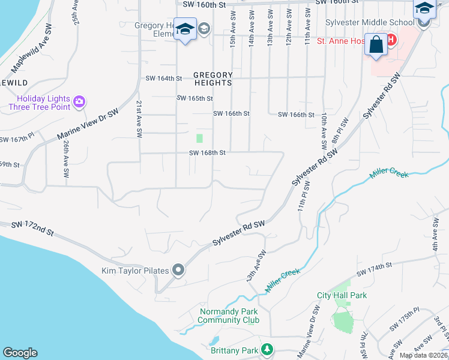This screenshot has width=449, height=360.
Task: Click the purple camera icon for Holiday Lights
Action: point(79,101)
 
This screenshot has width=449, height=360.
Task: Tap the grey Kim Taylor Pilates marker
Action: point(178,271)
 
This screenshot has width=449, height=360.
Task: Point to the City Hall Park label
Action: point(342,295)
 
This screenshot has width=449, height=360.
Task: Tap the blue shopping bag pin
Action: point(376,46)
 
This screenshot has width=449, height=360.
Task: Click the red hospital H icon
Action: point(391,40)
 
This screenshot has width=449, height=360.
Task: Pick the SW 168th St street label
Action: point(207,153)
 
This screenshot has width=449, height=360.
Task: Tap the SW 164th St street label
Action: point(164,78)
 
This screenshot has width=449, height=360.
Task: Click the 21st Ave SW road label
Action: point(139,117)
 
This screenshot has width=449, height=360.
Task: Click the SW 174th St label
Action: point(374,269)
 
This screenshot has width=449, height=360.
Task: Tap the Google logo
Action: point(20,353)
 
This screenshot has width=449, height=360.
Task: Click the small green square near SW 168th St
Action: point(199,138)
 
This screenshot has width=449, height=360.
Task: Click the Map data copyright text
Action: point(423,355)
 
